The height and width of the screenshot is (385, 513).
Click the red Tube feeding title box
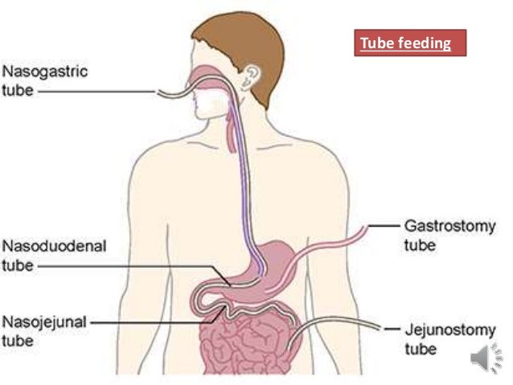[410, 43]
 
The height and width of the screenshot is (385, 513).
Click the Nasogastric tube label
[43, 81]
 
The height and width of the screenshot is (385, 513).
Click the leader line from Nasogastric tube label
[96, 92]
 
